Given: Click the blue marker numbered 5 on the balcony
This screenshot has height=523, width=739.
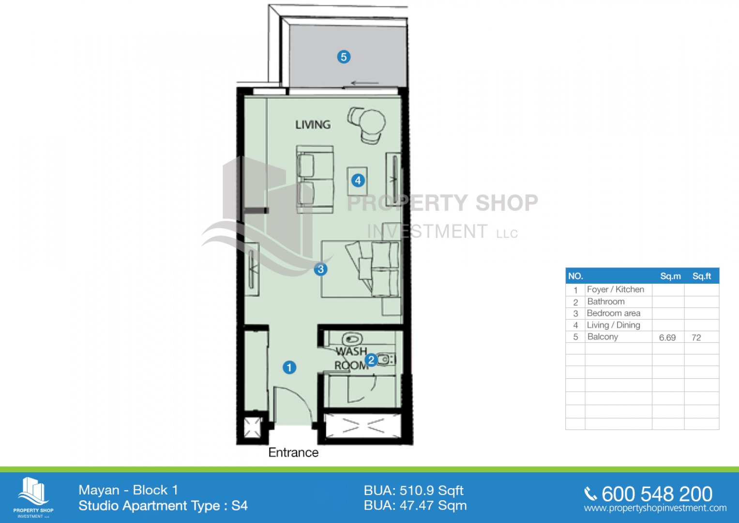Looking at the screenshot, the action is click(344, 57).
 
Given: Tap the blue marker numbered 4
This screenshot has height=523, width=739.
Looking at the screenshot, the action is click(358, 181).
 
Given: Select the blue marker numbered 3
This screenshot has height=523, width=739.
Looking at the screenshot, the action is click(320, 269).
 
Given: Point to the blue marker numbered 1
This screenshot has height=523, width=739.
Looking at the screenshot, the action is click(289, 367).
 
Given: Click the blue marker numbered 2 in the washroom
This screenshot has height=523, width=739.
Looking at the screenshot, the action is click(371, 360).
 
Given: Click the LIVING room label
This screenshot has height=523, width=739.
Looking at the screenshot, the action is click(313, 125).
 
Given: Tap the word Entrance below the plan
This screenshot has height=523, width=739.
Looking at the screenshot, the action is click(293, 452).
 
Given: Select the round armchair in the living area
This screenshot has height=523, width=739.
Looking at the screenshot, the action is click(367, 124).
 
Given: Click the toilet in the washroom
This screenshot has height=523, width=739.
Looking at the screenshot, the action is click(352, 339).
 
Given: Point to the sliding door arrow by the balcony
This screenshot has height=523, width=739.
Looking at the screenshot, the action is click(365, 83).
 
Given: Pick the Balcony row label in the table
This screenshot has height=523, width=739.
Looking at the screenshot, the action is click(603, 337).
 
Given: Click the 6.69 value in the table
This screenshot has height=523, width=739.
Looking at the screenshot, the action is click(667, 338).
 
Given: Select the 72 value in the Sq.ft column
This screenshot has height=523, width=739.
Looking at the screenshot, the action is click(696, 338).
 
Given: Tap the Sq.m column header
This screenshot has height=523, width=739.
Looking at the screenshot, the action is click(670, 276).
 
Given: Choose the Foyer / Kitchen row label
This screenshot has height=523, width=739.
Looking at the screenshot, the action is click(615, 289).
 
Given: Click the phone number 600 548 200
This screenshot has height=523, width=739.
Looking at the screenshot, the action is click(657, 494).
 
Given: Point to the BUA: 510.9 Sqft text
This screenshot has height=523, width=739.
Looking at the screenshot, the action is click(413, 491).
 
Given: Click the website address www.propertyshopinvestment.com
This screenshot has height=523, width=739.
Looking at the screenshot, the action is click(655, 508).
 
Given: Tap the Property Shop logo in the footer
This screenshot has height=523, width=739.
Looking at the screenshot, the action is click(33, 497).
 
